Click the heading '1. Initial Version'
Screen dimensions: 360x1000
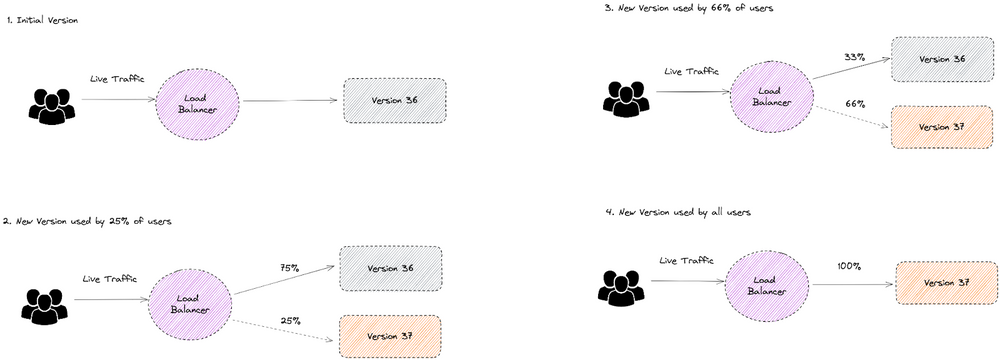[x=41, y=21]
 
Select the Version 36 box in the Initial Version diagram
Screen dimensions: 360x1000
[x=394, y=101]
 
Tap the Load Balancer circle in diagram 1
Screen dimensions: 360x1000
[x=196, y=100]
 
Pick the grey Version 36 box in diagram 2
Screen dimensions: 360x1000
[x=389, y=268]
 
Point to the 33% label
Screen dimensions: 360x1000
[x=853, y=57]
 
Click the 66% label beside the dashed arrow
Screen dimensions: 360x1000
[x=855, y=103]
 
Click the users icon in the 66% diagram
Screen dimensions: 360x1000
[x=626, y=96]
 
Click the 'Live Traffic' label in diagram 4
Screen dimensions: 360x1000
[x=686, y=261]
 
